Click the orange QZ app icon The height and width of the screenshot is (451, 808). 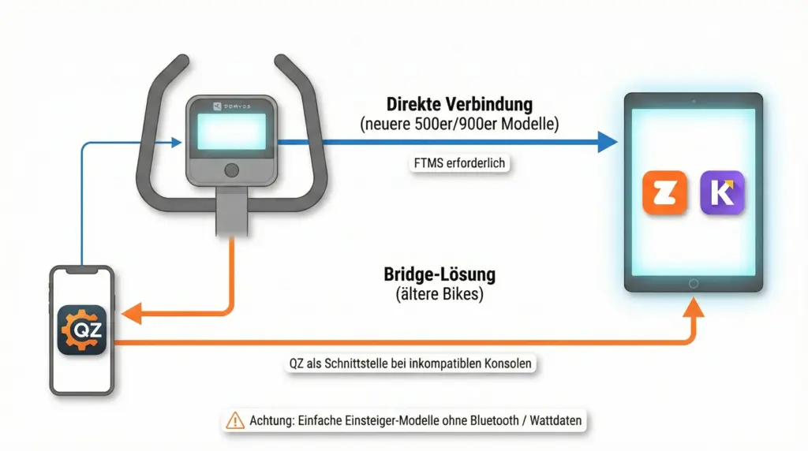tap(82, 330)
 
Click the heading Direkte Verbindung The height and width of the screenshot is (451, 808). tap(459, 104)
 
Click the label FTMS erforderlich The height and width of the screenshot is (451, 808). tap(459, 164)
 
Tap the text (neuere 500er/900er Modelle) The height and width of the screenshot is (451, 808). tap(459, 124)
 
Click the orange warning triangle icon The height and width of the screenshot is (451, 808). tap(235, 421)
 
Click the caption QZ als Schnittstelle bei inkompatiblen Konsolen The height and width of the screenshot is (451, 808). tap(410, 365)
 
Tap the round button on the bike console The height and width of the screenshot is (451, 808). tap(230, 170)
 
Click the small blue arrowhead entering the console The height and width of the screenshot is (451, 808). tap(177, 143)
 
